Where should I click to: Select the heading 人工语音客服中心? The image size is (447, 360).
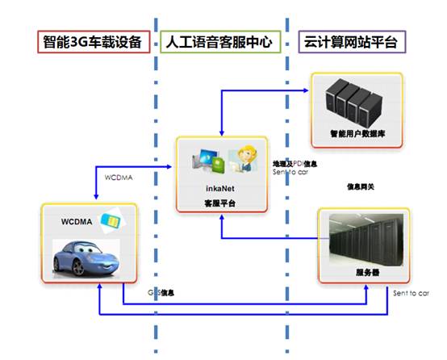pyautogui.click(x=220, y=42)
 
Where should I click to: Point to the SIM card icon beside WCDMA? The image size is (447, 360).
pyautogui.click(x=109, y=220)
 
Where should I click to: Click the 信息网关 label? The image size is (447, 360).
pyautogui.click(x=360, y=186)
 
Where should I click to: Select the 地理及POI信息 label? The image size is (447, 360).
pyautogui.click(x=295, y=164)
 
